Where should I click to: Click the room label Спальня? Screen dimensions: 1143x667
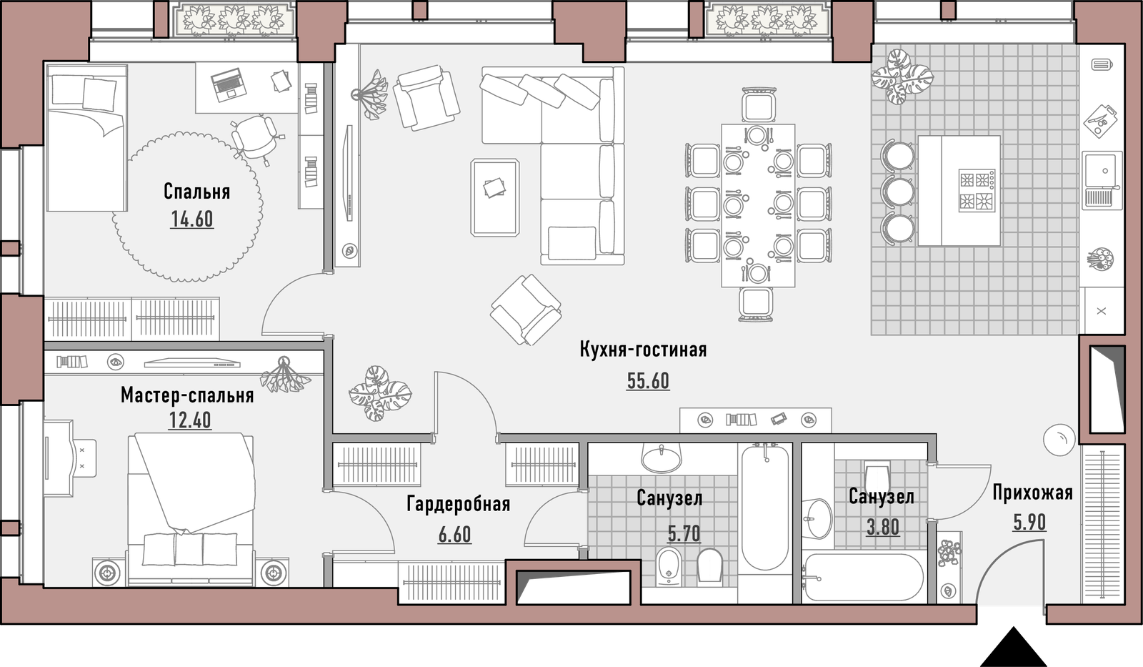coord(197,192)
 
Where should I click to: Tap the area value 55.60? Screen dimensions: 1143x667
coord(648,381)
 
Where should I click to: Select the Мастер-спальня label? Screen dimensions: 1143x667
coord(187,395)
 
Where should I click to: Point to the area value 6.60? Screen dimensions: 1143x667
coord(454,535)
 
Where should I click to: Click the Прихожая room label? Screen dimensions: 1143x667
coord(1033,493)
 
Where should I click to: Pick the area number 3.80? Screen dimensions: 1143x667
coord(883,527)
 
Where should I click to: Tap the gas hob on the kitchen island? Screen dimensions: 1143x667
coord(977,190)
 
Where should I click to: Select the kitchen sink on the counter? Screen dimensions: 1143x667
coord(1103,179)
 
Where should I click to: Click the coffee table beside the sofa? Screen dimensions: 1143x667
coord(495,197)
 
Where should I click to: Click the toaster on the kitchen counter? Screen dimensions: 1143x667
coord(1102,65)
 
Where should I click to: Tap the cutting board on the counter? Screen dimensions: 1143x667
coord(1101,122)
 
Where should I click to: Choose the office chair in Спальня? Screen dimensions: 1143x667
coord(256,138)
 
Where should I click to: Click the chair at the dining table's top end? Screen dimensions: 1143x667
coord(759,105)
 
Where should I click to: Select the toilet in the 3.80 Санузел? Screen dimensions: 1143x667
coord(877,478)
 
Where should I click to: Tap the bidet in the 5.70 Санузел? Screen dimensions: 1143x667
coord(668,567)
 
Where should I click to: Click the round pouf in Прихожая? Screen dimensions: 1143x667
coord(1059,440)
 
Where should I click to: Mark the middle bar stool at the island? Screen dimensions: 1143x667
coord(897,191)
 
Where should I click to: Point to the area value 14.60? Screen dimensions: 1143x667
coord(192,219)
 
